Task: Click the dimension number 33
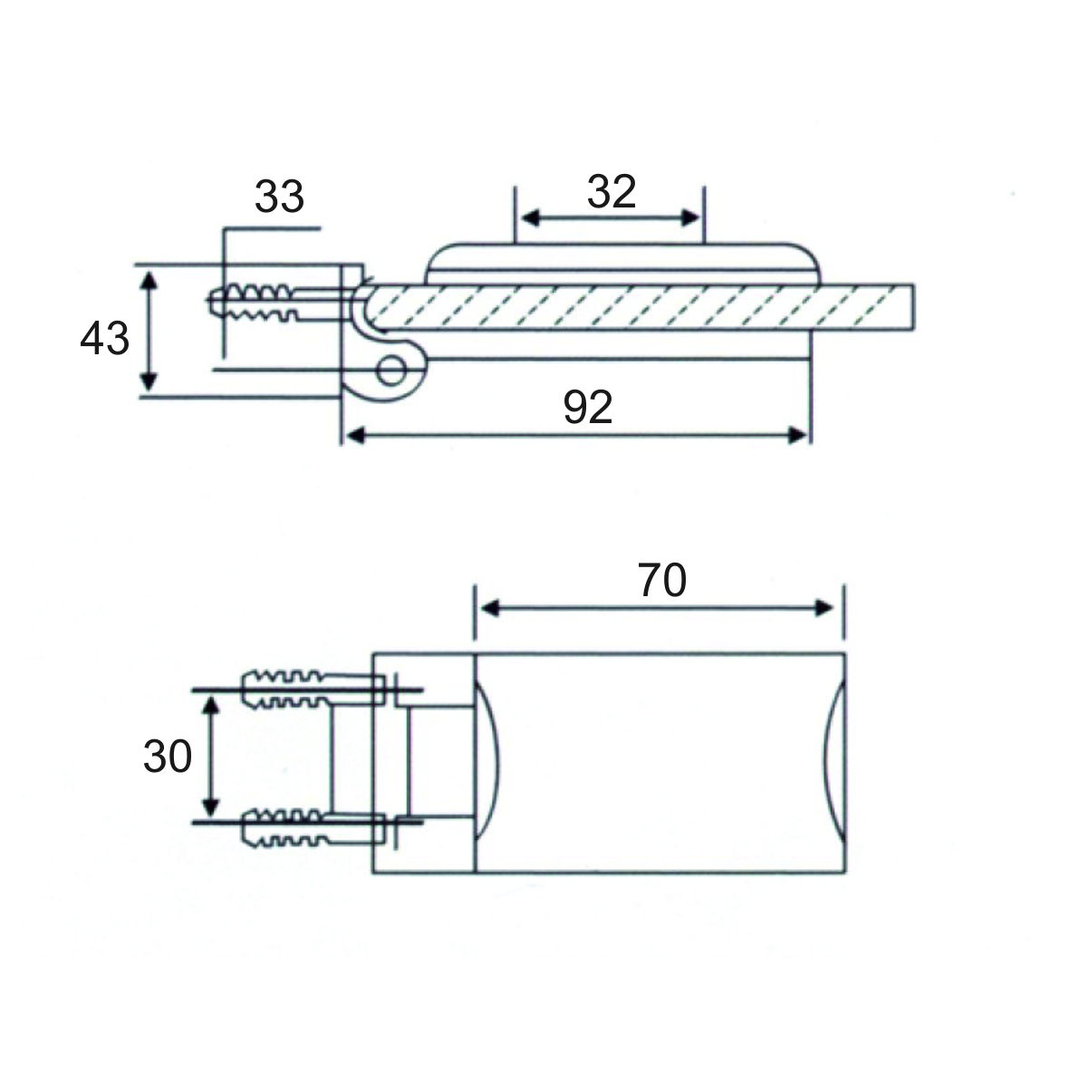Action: [x=279, y=197]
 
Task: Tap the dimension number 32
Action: [x=612, y=192]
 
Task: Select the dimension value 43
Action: [x=104, y=339]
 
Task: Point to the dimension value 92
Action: [x=587, y=408]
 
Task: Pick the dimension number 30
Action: [x=168, y=757]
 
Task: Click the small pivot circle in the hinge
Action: [x=391, y=371]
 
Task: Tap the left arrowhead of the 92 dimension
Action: [x=356, y=435]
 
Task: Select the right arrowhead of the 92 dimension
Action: [x=797, y=435]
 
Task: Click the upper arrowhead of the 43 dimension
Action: [x=149, y=279]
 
